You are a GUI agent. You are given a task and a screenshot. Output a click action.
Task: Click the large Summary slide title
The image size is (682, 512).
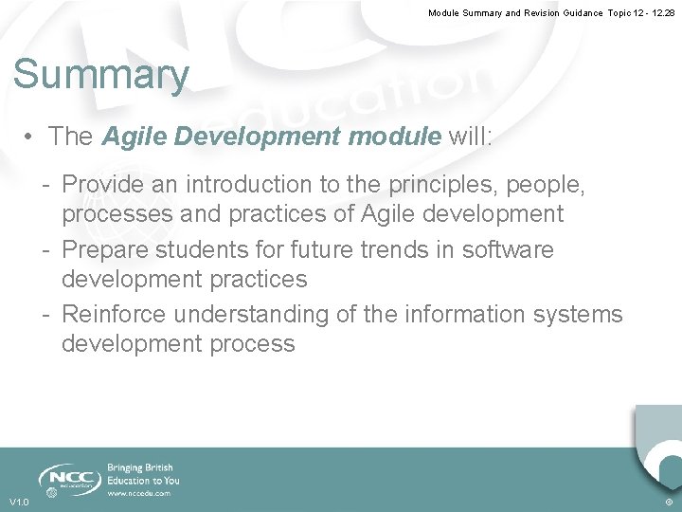101,75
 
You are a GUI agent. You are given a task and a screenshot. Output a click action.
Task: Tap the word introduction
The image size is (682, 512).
272,184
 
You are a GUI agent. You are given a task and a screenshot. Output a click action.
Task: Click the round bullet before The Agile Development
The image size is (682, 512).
31,137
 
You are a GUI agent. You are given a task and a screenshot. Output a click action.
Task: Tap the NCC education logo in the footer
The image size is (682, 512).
67,479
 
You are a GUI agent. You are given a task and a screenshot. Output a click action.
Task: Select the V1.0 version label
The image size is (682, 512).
19,502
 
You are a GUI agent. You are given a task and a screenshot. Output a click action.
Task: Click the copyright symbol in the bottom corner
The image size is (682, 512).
669,502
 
